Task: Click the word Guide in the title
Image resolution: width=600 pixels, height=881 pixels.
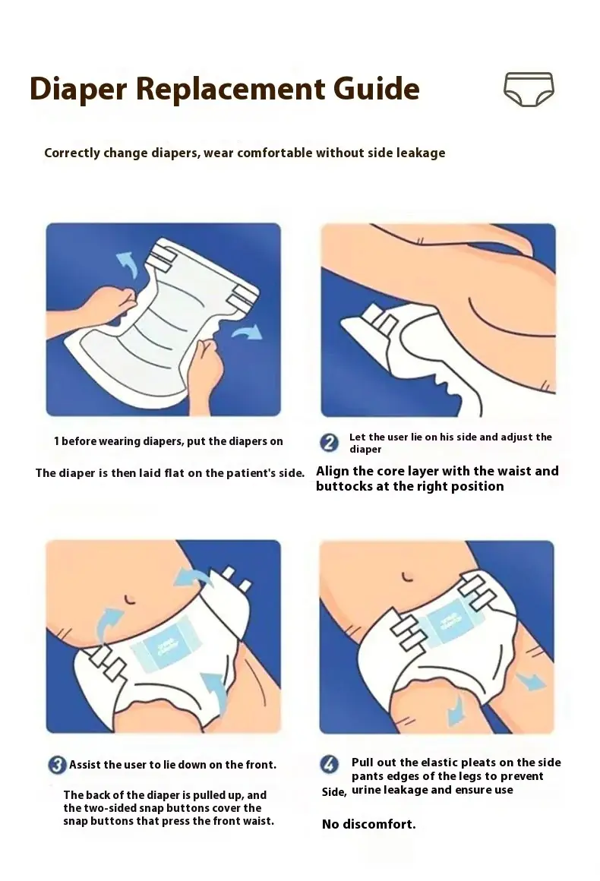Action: coord(377,89)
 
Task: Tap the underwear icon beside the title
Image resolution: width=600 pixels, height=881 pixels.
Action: coord(529,89)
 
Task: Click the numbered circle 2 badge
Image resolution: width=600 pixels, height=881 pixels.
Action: coord(329,443)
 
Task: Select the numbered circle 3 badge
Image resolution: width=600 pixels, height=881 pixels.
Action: coord(57,765)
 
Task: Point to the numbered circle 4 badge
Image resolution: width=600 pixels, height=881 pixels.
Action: coord(329,764)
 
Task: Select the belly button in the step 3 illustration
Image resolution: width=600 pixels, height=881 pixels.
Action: coord(131,599)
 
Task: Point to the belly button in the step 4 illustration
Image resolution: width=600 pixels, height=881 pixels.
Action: coord(408,576)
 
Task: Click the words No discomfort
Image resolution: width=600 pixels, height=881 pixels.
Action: coord(369,824)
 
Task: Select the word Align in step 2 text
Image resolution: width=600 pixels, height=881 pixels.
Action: coord(333,471)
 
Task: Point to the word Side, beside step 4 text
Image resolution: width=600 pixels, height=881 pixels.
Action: coord(334,792)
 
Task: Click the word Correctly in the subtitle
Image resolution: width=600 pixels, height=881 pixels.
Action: coord(72,153)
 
